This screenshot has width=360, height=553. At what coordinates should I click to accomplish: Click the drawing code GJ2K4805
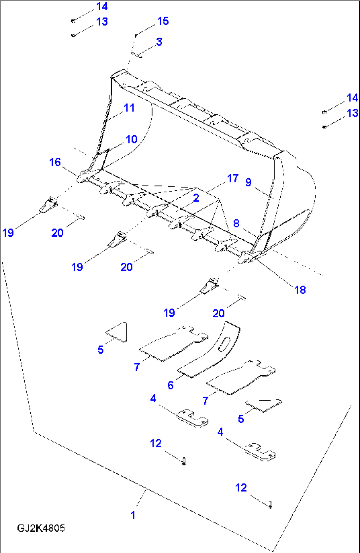point(41,528)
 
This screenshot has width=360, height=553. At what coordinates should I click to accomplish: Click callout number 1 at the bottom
point(133,515)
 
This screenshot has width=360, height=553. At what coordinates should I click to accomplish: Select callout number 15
point(163,21)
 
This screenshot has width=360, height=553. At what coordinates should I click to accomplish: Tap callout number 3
point(159,42)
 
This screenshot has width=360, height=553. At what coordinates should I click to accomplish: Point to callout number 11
point(129,108)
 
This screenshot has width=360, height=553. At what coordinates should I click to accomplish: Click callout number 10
point(131,139)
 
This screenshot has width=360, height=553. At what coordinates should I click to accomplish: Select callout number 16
point(55,162)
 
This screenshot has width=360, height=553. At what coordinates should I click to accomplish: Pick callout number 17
point(233,178)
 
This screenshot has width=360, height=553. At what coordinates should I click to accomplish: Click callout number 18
point(300,290)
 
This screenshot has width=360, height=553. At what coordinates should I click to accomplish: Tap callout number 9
point(248,182)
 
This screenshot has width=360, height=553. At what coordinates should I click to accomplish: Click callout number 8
point(236,223)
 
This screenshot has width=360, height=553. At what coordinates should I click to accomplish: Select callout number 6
point(170,385)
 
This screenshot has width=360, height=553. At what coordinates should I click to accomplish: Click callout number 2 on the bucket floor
point(196,198)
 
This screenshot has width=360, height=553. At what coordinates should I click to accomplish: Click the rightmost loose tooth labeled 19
point(209,286)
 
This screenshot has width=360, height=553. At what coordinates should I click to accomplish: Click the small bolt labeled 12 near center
point(184,461)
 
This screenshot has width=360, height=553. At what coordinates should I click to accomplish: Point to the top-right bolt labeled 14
point(324,112)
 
